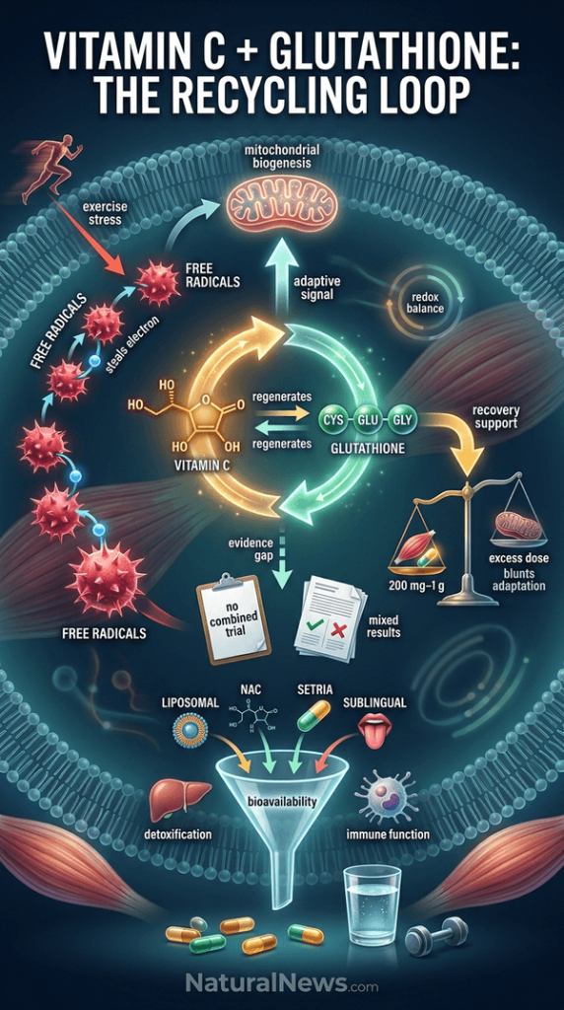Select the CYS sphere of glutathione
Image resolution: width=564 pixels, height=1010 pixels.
pyautogui.click(x=332, y=421)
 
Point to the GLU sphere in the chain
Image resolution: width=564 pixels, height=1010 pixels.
pyautogui.click(x=368, y=421)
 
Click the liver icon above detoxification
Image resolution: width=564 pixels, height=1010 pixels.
pyautogui.click(x=179, y=800)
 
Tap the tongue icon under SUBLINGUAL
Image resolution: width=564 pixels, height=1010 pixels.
pyautogui.click(x=373, y=731)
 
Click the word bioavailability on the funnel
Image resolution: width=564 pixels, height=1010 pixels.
pyautogui.click(x=282, y=802)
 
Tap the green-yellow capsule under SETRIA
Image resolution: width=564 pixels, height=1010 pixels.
pyautogui.click(x=315, y=716)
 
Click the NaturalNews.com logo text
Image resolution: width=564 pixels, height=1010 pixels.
pyautogui.click(x=282, y=982)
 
